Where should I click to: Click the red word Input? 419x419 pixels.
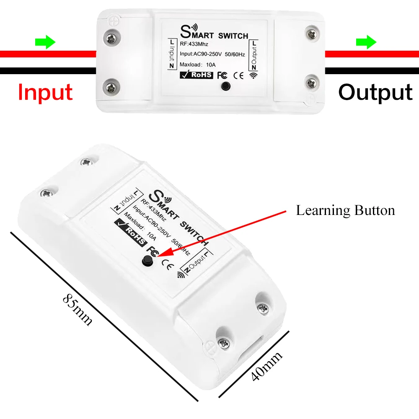point(45,92)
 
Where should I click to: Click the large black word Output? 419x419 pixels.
point(375,92)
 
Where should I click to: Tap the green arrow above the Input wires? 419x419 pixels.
point(45,42)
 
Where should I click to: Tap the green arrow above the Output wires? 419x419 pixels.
point(366,42)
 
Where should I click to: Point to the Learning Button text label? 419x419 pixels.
point(345,210)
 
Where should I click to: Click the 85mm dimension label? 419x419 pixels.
point(78,310)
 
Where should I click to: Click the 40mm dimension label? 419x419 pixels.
point(266,366)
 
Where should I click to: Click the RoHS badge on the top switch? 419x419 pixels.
point(197,75)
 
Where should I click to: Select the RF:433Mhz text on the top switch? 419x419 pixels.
point(194,44)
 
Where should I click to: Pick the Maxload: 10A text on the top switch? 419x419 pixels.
point(197,65)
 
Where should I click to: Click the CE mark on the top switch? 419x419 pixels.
point(238,75)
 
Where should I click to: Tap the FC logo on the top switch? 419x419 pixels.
point(222,75)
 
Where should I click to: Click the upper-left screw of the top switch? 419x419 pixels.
point(111,39)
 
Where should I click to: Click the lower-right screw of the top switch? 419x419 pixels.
point(312,83)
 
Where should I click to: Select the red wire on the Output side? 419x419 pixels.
point(372,54)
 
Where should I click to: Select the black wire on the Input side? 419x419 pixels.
point(48,71)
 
